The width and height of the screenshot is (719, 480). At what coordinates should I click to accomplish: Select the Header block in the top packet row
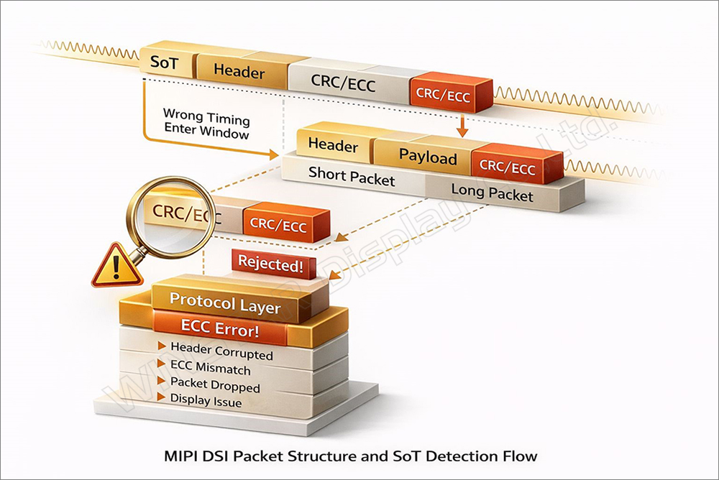pos(239,72)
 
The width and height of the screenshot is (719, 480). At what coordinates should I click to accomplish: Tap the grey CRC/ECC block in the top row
pos(343,82)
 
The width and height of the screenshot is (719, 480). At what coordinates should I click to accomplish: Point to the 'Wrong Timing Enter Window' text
pos(206,123)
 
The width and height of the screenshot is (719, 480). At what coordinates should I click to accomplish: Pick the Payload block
pos(428,155)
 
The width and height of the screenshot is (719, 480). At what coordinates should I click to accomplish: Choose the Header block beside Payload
pos(333,145)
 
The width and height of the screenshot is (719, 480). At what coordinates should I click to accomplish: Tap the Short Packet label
pos(352,175)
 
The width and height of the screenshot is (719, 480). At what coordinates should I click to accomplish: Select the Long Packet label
pos(492,193)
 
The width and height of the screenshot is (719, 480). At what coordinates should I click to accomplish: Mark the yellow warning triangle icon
pos(110,267)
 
